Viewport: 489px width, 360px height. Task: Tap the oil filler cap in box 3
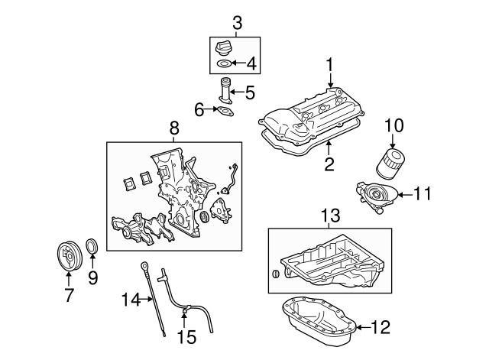pyautogui.click(x=225, y=47)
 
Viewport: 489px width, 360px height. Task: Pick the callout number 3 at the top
pyautogui.click(x=237, y=24)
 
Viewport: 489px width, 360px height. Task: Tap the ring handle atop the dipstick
pyautogui.click(x=144, y=265)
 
